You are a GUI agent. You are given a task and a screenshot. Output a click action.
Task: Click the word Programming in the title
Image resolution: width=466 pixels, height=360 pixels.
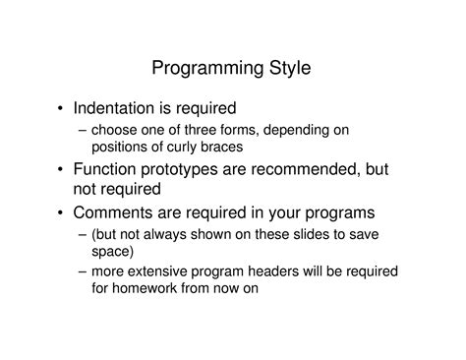pyautogui.click(x=205, y=69)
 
